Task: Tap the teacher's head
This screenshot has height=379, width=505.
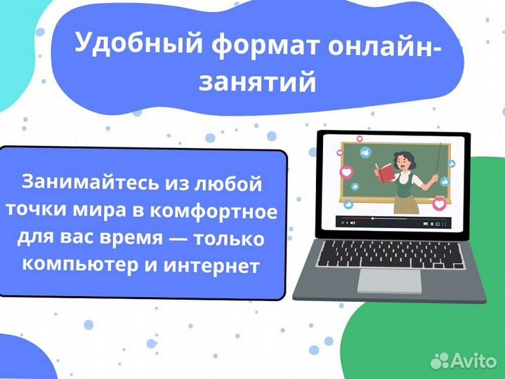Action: coord(403,154)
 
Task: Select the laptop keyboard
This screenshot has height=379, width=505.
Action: coord(389,252)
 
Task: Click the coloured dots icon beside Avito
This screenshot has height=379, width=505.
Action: coord(441,360)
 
